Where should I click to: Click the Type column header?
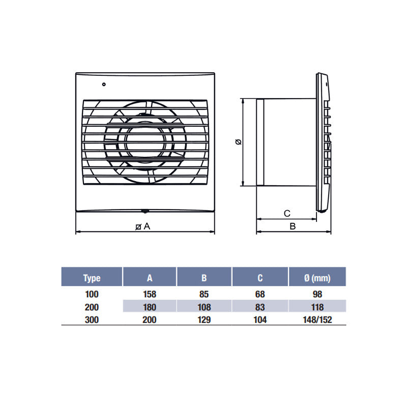coord(92,278)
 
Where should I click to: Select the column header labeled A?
coord(150,278)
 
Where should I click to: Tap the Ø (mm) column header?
coord(317,278)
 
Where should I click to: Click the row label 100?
coord(92,294)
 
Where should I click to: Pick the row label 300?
coord(92,320)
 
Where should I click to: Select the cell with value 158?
coord(150,294)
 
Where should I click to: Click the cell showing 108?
coord(204,307)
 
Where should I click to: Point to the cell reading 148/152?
coord(317,320)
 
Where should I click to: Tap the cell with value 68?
coord(260,294)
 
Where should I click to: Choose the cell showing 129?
coord(204,320)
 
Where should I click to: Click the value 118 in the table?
coord(317,307)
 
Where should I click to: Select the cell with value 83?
coord(260,307)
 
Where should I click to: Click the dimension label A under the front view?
coord(147,226)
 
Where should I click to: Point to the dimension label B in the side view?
coord(293,226)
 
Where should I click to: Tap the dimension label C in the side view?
coord(286,213)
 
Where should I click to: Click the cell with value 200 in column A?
coord(150,320)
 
